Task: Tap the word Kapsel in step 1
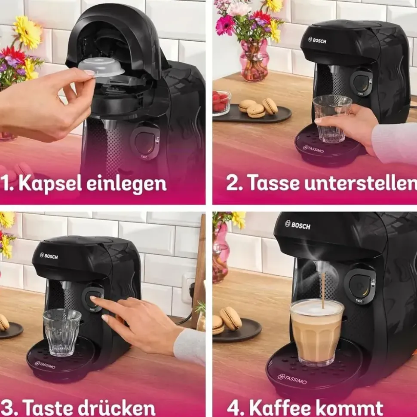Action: click(50, 183)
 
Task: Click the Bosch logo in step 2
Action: click(317, 40)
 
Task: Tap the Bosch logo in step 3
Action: click(49, 256)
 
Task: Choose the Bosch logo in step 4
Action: click(297, 225)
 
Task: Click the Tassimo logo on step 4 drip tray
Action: click(292, 379)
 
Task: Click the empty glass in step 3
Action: click(62, 332)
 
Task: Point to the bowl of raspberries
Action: click(221, 103)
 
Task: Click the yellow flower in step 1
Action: click(28, 33)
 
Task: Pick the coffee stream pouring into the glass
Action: click(323, 290)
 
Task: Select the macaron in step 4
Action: click(230, 318)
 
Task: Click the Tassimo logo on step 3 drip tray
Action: click(45, 365)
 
